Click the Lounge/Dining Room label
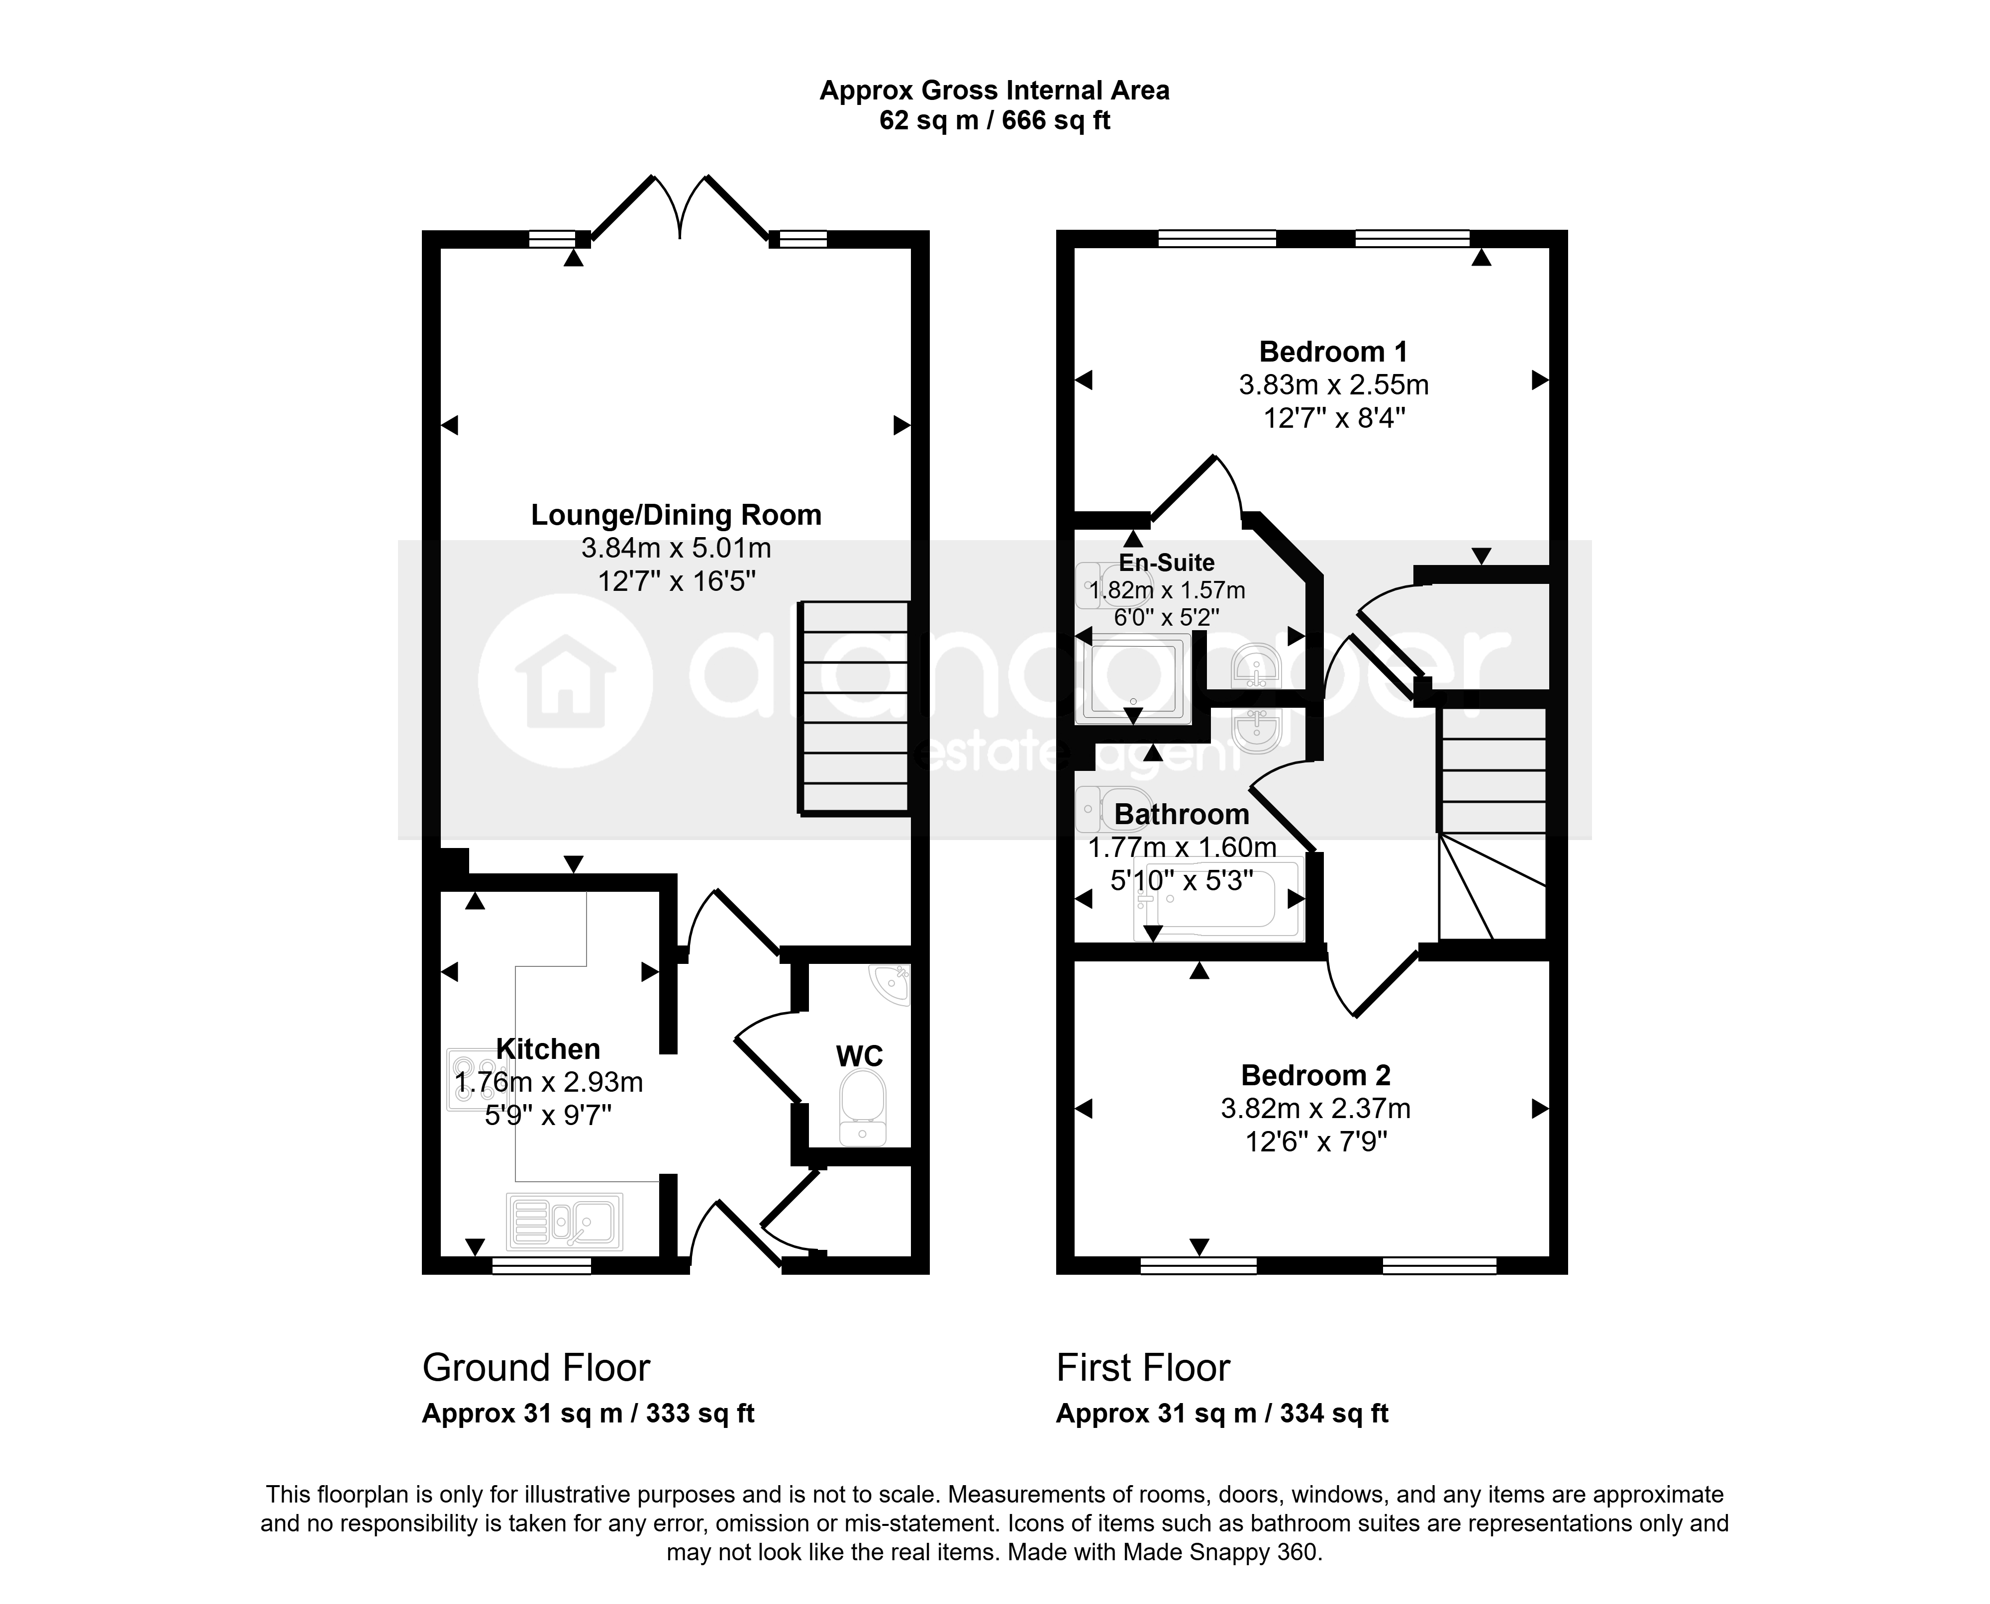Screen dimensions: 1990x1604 point(676,515)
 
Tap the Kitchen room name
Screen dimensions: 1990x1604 point(548,1049)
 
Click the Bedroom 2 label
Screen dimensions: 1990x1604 point(1315,1075)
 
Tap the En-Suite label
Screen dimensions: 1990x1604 point(1167,562)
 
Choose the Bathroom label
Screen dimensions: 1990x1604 point(1182,814)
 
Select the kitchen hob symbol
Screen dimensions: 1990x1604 point(472,1079)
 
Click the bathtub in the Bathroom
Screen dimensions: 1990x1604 point(1218,898)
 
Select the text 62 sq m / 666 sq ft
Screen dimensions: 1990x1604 point(995,121)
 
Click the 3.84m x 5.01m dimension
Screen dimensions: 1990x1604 point(676,548)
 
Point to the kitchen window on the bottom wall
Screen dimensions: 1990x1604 point(542,1265)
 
